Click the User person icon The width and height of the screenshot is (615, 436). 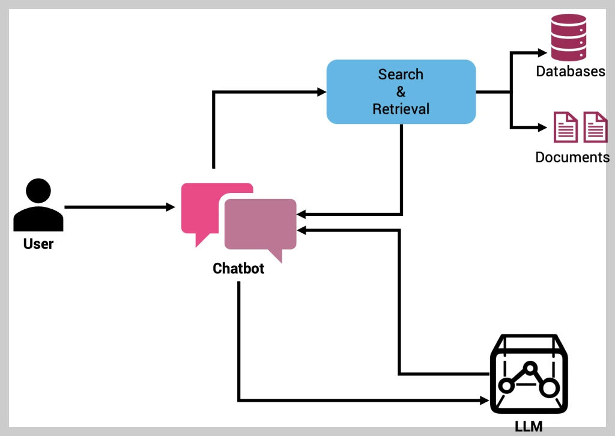[x=38, y=204]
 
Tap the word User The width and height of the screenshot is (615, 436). [x=38, y=244]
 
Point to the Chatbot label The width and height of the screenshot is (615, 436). [x=238, y=268]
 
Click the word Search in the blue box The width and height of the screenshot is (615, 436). [x=401, y=74]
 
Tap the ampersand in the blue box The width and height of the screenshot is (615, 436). [x=401, y=91]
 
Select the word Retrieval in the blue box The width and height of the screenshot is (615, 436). [x=401, y=109]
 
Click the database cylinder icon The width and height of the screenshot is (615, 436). [x=569, y=37]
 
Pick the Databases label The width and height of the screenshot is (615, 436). [x=571, y=71]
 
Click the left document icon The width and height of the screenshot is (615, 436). [x=566, y=127]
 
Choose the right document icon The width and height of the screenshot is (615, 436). [x=595, y=127]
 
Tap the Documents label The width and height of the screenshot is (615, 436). [x=572, y=157]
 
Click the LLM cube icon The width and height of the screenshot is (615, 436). [x=529, y=373]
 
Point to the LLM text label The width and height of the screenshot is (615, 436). [x=529, y=426]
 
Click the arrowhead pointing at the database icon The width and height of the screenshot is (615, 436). [x=542, y=52]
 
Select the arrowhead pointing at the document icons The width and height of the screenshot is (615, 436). [x=542, y=127]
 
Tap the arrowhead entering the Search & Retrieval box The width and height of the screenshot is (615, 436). [x=322, y=92]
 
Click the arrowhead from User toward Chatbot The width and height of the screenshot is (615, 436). [x=171, y=207]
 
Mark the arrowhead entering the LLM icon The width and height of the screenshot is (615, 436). [x=485, y=401]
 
